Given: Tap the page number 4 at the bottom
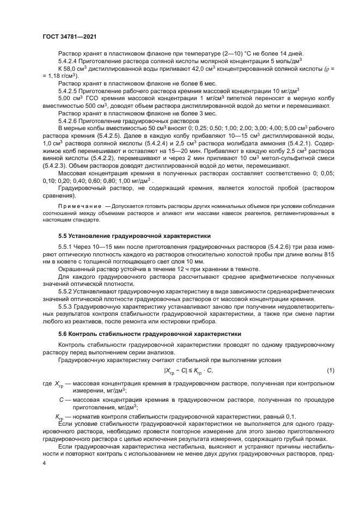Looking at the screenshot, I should tap(44, 463).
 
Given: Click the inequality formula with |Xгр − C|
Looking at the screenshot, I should tap(188, 371).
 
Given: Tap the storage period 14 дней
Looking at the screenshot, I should tap(299, 54).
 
